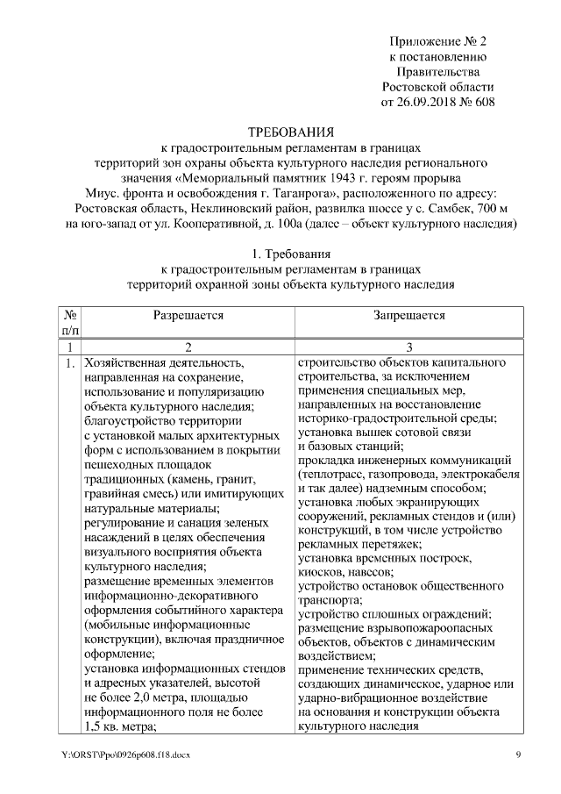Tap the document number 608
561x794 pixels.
483,103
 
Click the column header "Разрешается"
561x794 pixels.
188,315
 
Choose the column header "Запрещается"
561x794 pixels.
408,315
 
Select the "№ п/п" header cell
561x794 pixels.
71,322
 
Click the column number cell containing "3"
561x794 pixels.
408,347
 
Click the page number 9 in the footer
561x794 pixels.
517,754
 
